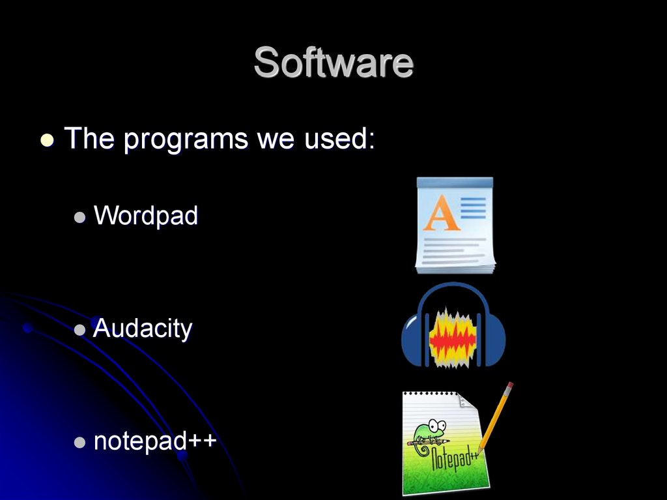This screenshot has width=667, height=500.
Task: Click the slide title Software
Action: pos(333,63)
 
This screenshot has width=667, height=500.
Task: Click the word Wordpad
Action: pos(145,215)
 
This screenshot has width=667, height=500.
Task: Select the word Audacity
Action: pos(143,329)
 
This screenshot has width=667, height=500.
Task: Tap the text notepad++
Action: pos(155,441)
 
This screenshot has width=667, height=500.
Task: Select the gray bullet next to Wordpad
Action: pos(79,218)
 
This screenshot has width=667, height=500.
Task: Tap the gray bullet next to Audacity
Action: pos(79,331)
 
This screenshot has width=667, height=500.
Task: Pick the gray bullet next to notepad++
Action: pos(79,443)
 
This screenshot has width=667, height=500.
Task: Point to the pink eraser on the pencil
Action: pos(509,387)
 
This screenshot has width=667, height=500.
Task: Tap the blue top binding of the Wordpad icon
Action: pos(455,184)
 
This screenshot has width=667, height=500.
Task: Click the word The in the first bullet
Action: pos(90,139)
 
